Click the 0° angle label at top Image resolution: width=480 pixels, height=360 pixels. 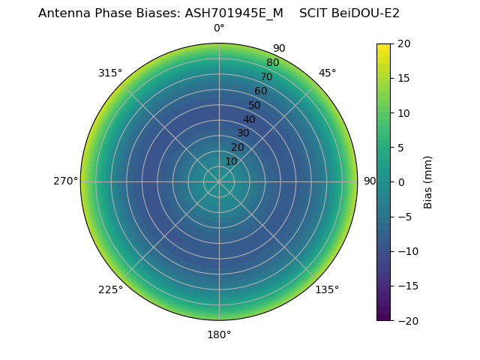(x=219, y=28)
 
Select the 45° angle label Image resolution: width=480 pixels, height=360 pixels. (x=327, y=73)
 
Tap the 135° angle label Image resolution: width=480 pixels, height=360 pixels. (x=327, y=289)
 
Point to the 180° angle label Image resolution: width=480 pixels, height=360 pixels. (x=219, y=334)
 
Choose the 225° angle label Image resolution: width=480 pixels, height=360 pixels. (x=110, y=289)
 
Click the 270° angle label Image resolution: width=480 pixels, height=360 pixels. (x=65, y=181)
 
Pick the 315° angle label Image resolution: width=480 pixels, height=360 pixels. (x=110, y=73)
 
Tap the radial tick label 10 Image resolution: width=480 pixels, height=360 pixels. (x=232, y=161)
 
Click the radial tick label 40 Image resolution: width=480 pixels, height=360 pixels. (x=249, y=119)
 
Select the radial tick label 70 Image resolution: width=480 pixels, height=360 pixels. (x=267, y=76)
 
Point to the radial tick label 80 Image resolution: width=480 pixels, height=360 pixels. (x=273, y=62)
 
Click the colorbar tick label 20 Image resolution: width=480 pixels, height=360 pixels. (x=403, y=43)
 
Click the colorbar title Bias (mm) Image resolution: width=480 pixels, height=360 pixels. (x=428, y=181)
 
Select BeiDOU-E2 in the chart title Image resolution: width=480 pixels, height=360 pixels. (x=365, y=13)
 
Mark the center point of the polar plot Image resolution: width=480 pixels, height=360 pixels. (x=219, y=181)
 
